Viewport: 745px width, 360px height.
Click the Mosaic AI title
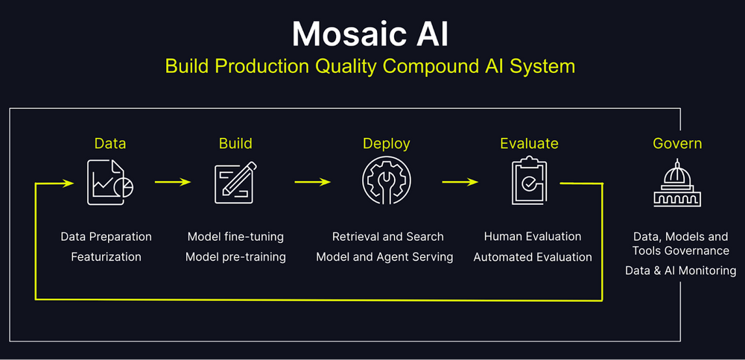pyautogui.click(x=370, y=34)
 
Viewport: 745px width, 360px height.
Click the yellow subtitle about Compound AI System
pyautogui.click(x=370, y=66)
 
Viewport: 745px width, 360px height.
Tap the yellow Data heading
pyautogui.click(x=110, y=143)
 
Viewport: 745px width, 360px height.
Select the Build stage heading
pyautogui.click(x=235, y=143)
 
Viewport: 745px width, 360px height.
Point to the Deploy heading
pyautogui.click(x=386, y=143)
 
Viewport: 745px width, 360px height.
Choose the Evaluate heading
pyautogui.click(x=529, y=143)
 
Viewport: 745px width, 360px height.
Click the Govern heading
pyautogui.click(x=677, y=143)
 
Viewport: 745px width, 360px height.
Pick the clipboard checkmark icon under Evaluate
pyautogui.click(x=529, y=182)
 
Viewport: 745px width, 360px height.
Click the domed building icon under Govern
pyautogui.click(x=677, y=183)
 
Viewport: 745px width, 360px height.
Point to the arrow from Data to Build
pyautogui.click(x=173, y=181)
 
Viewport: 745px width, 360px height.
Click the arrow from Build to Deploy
pyautogui.click(x=312, y=181)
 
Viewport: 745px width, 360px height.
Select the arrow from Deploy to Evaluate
pyautogui.click(x=460, y=181)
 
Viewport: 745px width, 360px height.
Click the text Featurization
pyautogui.click(x=106, y=257)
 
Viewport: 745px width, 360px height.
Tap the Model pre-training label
pyautogui.click(x=235, y=257)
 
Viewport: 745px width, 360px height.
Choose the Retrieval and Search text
pyautogui.click(x=387, y=237)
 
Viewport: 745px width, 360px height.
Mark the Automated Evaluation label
pyautogui.click(x=533, y=257)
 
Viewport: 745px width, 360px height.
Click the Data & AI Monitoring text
pyautogui.click(x=680, y=271)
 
